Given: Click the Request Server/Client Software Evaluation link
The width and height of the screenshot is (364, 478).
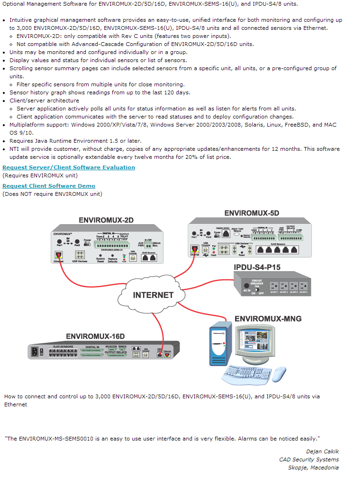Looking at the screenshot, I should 69,167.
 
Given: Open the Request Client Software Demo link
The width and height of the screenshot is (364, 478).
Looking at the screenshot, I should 49,186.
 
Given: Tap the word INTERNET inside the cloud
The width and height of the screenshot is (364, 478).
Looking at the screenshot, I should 153,295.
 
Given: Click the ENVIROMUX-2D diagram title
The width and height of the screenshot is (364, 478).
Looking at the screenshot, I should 106,221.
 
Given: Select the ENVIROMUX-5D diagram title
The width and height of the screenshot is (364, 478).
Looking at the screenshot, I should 251,213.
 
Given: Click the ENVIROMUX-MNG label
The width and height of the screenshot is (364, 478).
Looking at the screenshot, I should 268,319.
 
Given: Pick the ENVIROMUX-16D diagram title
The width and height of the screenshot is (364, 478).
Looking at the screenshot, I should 95,337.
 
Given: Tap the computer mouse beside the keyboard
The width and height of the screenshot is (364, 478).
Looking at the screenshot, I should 279,374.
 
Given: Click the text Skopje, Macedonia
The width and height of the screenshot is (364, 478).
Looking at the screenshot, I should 313,468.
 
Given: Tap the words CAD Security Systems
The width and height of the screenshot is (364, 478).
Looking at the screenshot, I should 309,459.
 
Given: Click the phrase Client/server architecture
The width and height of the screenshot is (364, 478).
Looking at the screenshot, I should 44,101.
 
